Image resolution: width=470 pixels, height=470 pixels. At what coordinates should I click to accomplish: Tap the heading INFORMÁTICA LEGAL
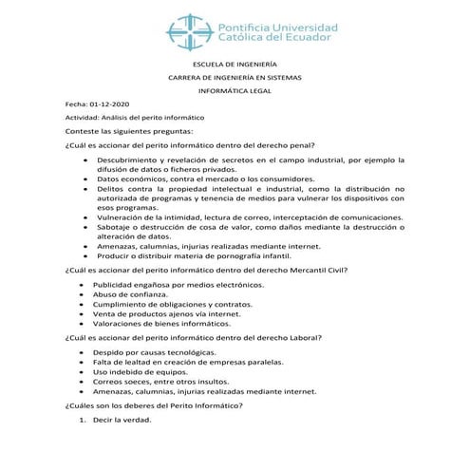point(234,92)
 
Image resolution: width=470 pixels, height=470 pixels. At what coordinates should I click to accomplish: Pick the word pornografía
point(228,257)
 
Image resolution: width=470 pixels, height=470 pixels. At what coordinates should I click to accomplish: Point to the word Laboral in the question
point(300,338)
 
